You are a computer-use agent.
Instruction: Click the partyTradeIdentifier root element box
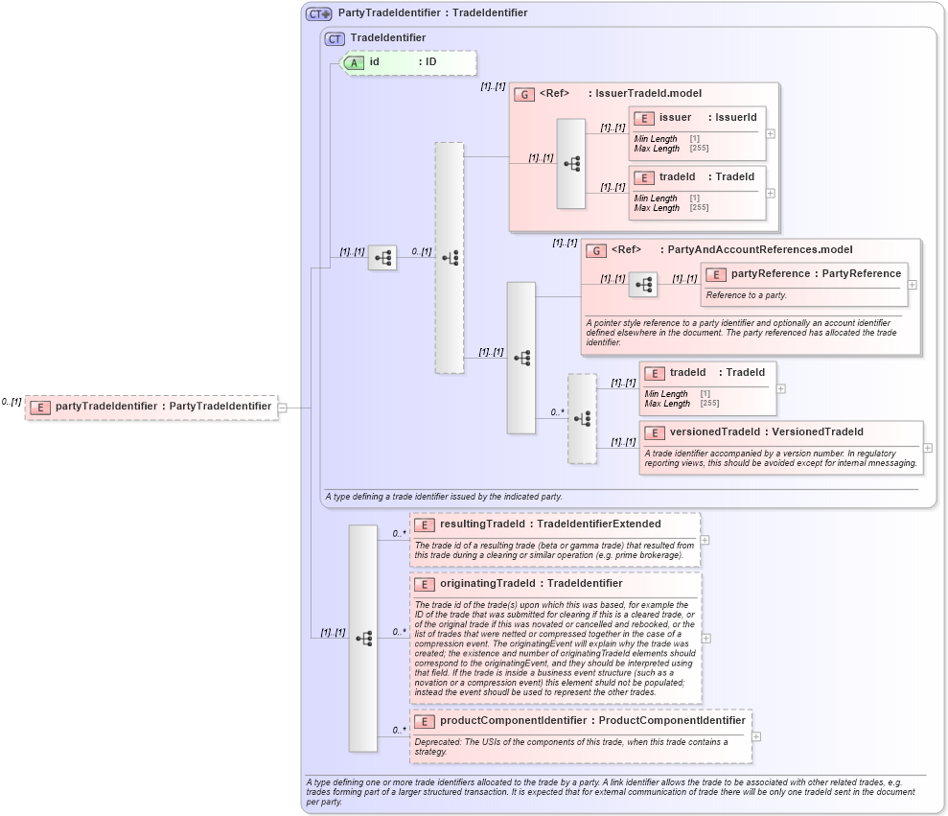click(x=151, y=407)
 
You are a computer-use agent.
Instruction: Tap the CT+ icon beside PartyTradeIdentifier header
click(x=318, y=13)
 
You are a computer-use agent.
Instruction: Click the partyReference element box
click(x=803, y=274)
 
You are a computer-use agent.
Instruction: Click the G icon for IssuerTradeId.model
click(x=523, y=94)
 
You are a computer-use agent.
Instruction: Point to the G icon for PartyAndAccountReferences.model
click(x=595, y=250)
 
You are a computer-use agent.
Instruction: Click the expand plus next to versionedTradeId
click(x=928, y=448)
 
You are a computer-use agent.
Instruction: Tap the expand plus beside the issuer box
click(x=770, y=133)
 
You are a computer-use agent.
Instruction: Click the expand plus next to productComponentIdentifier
click(x=756, y=736)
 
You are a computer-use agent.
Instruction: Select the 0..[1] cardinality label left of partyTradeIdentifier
click(x=12, y=402)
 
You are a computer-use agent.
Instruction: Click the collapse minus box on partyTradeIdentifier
click(x=283, y=408)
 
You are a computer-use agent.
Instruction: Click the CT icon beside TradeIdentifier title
click(x=335, y=38)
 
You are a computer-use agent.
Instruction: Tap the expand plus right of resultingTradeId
click(x=705, y=540)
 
